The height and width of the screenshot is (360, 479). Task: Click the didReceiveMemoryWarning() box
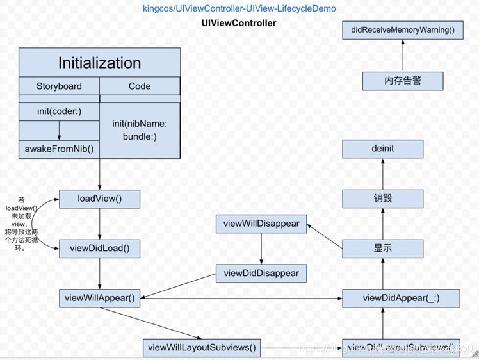click(402, 30)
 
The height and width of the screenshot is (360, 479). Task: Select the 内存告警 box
click(403, 81)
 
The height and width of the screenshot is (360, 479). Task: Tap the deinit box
click(382, 149)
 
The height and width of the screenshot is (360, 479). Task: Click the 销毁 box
click(382, 198)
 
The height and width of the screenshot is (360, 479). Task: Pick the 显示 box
click(382, 248)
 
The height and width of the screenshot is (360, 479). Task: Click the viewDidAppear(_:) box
click(401, 298)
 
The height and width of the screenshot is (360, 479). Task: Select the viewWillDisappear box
click(261, 224)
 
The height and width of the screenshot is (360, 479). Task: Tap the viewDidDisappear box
click(261, 274)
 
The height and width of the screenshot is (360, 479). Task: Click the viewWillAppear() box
click(99, 298)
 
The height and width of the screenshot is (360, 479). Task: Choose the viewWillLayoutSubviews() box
click(202, 348)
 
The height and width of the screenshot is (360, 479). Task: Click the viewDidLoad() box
click(99, 249)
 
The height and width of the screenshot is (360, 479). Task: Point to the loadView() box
click(99, 199)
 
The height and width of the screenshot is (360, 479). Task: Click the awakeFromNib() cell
click(59, 149)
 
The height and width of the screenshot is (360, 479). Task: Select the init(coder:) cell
click(59, 111)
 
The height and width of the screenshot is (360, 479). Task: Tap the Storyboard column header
click(59, 86)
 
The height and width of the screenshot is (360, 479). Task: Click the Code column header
click(140, 86)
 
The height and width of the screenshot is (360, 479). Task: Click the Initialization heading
click(99, 63)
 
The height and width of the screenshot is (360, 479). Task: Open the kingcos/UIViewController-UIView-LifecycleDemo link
click(239, 9)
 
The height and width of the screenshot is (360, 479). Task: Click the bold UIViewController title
click(239, 23)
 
